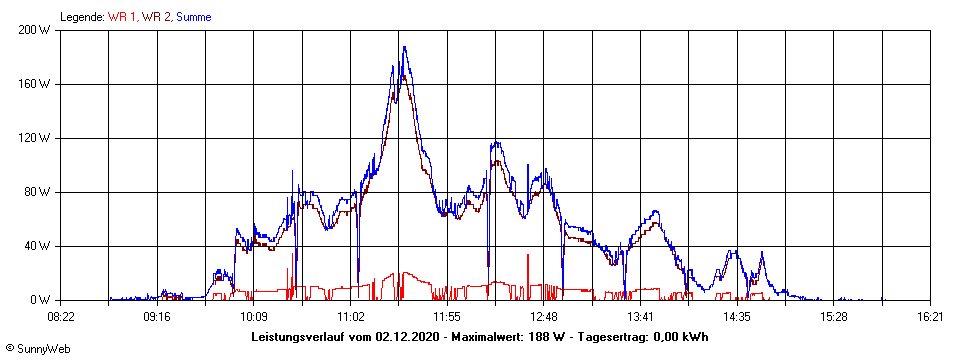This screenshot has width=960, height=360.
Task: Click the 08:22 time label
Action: tap(61, 317)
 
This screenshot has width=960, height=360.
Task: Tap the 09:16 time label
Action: tap(157, 317)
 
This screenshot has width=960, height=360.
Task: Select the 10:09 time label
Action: tap(254, 317)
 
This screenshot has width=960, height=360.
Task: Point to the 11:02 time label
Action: tap(350, 317)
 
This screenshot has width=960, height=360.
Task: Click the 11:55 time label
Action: tap(447, 317)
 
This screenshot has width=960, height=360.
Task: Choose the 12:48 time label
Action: tap(543, 317)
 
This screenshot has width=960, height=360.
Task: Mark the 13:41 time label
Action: tap(640, 317)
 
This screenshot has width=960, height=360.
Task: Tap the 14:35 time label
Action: tap(737, 317)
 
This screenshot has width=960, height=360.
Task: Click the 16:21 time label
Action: tap(930, 317)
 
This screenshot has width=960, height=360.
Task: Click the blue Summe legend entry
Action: tap(194, 17)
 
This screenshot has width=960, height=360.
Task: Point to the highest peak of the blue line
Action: tap(404, 47)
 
